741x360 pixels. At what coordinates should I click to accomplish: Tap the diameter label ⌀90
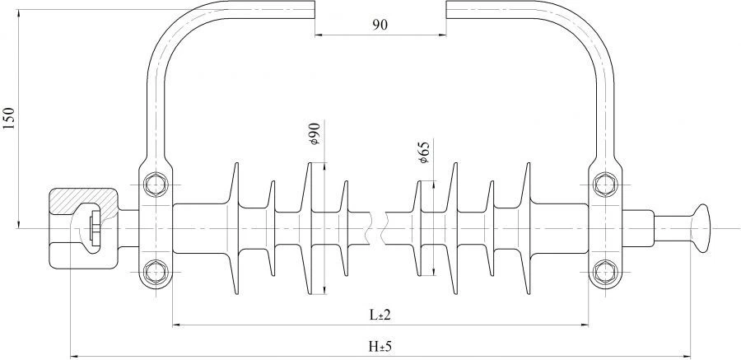pos(315,133)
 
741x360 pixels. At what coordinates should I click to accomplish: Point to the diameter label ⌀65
pos(423,152)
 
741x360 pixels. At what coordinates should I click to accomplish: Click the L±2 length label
pos(380,315)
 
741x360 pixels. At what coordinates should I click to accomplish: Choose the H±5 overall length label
pos(380,347)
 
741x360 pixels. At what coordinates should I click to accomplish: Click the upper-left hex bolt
pos(155,185)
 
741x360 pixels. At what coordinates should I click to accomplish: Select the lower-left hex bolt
pos(155,272)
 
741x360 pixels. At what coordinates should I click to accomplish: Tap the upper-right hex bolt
pos(605,185)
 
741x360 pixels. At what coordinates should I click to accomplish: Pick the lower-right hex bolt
pos(605,272)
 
